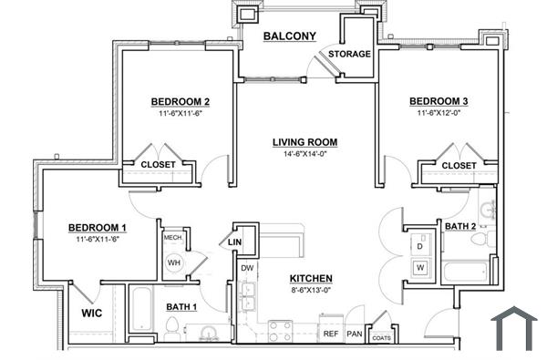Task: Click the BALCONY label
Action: coord(289,36)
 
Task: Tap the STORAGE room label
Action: coord(350,54)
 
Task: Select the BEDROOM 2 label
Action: coord(181,101)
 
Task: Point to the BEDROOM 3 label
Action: coord(439,101)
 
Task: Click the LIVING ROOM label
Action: coord(304,142)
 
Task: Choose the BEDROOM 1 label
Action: coord(98,227)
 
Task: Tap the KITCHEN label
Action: coord(311,278)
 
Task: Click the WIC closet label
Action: coord(91,313)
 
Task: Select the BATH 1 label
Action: coord(182,307)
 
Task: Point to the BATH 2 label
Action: coord(460,225)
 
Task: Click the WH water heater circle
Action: coord(174,262)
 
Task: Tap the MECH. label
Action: coord(173,238)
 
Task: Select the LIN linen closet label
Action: coord(234,242)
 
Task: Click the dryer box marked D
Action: coord(421,246)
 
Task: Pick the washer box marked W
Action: coord(421,268)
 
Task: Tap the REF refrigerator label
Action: coord(331,334)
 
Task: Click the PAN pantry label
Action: coord(355,334)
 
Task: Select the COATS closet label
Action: coord(381,338)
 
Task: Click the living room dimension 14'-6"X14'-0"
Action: coord(304,154)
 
